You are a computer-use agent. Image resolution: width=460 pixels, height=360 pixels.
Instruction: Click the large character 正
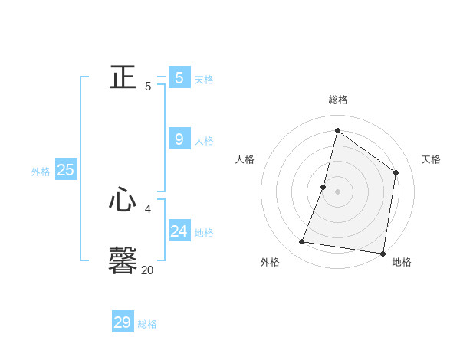coord(123,77)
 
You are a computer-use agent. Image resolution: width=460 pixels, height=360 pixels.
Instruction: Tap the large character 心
coord(123,201)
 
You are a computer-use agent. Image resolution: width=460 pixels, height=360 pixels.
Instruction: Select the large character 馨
coord(123,260)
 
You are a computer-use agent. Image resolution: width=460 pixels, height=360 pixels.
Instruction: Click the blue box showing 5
coord(179,77)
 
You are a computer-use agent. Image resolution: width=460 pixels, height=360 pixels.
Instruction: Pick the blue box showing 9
coord(179,139)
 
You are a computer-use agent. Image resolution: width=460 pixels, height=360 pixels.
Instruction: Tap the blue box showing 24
coord(179,231)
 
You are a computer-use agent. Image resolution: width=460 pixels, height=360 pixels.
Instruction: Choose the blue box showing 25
coord(66,170)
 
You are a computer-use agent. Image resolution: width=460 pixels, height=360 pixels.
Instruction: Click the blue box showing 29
coord(123,322)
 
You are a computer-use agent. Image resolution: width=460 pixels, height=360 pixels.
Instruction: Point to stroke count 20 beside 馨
coord(147,270)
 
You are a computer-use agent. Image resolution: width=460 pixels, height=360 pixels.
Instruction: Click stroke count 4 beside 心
coord(148,208)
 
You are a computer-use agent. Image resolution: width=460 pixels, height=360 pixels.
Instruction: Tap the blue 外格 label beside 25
coord(41,172)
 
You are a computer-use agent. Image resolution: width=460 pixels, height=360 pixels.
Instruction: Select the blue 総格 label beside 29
coord(147,324)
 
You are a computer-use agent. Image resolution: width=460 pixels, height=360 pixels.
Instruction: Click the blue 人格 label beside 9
coord(204,141)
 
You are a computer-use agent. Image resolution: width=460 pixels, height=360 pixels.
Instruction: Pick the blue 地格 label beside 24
coord(204,233)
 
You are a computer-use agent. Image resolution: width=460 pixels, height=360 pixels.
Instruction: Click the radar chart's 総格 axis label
coord(338,100)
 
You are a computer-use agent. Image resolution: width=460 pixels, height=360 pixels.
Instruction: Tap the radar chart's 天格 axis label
coord(431,159)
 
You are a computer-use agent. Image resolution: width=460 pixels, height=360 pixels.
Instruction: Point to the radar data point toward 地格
coord(383,253)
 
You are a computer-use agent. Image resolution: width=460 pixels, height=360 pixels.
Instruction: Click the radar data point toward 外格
coord(302,242)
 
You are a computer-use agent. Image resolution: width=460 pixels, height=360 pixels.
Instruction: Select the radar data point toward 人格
coord(324,187)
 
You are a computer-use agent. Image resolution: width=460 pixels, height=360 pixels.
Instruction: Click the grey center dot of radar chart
coord(337,191)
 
